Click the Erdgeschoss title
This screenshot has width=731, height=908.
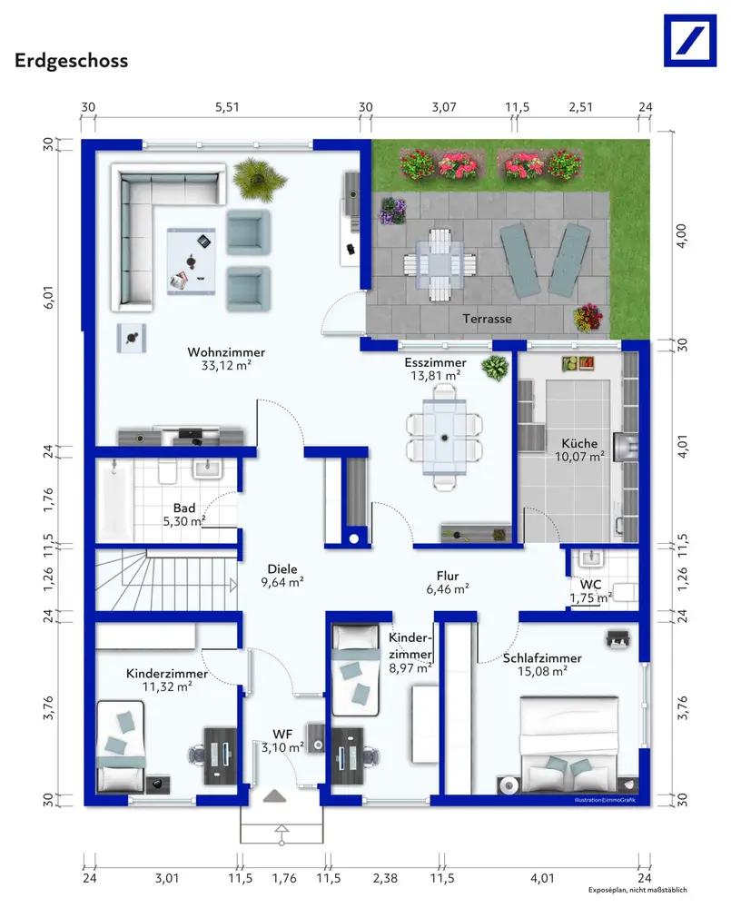[71, 61]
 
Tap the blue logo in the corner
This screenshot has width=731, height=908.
[690, 41]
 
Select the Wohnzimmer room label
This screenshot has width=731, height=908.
[226, 352]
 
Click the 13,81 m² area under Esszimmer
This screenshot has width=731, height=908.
[436, 376]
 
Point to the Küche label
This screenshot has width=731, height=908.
[579, 443]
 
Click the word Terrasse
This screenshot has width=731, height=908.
[487, 319]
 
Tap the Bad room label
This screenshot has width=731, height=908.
[184, 508]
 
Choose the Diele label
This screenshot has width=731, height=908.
[282, 569]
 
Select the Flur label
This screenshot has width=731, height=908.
[448, 577]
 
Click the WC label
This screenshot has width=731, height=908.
[591, 585]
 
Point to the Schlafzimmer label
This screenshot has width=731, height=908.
[542, 658]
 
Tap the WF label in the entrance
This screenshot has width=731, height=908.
[282, 735]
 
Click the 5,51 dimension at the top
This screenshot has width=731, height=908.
[227, 107]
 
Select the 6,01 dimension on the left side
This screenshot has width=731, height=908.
[49, 297]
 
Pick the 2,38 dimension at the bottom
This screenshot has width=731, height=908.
[385, 878]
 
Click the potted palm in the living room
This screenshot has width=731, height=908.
[259, 180]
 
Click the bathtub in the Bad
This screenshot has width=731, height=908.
[114, 501]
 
